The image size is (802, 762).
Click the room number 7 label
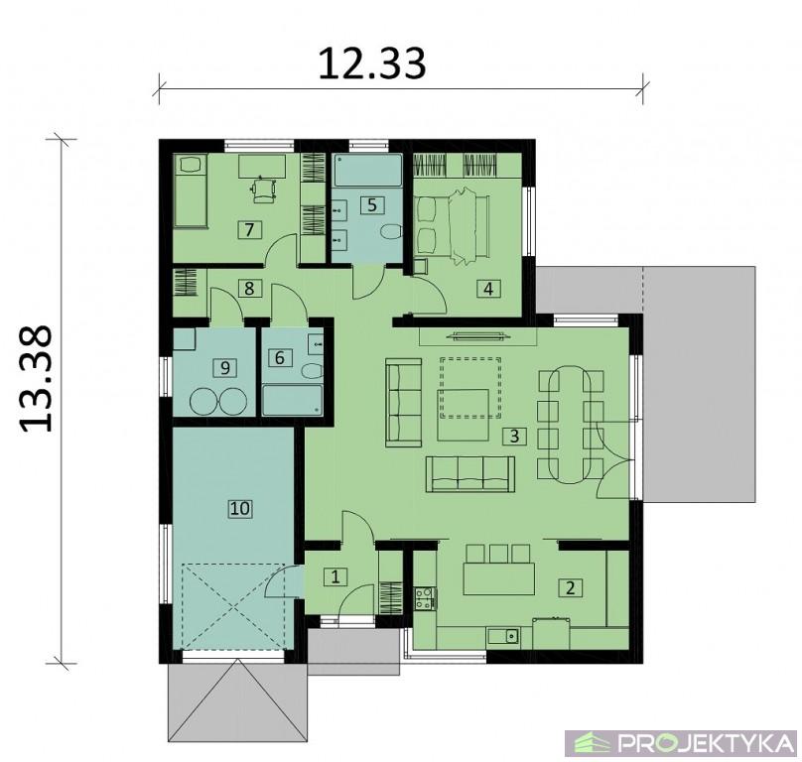(249, 229)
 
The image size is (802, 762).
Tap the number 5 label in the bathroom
(372, 204)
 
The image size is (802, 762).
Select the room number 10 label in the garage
(240, 508)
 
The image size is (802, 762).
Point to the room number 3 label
(514, 436)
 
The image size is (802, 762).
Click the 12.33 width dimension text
(372, 63)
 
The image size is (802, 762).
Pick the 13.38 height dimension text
(36, 378)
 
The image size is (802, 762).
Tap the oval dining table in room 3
(570, 425)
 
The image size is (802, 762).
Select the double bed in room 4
(453, 225)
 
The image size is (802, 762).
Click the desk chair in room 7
(264, 190)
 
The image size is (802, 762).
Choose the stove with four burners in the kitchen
(425, 598)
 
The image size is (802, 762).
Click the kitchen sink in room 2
(503, 636)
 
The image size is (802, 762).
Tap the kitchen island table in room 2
(498, 578)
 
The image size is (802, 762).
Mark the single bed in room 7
(191, 190)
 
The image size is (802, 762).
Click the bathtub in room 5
(367, 171)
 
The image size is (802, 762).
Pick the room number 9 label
(225, 367)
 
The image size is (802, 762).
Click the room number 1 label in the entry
(335, 576)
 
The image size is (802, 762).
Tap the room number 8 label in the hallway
(249, 288)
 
